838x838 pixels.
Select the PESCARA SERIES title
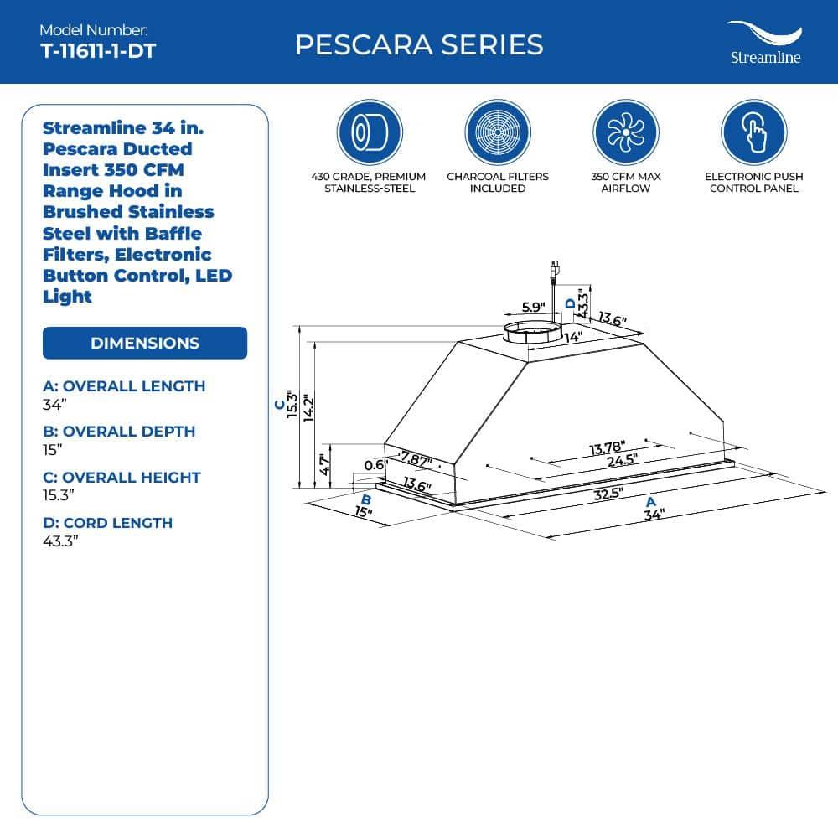point(419,44)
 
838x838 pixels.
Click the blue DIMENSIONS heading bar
point(145,343)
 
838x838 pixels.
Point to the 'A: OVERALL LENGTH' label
point(124,386)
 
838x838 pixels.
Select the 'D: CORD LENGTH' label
point(107,522)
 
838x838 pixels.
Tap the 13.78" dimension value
point(608,447)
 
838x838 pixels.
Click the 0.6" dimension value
point(375,465)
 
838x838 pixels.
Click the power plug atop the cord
point(554,271)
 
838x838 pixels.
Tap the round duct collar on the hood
point(530,331)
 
